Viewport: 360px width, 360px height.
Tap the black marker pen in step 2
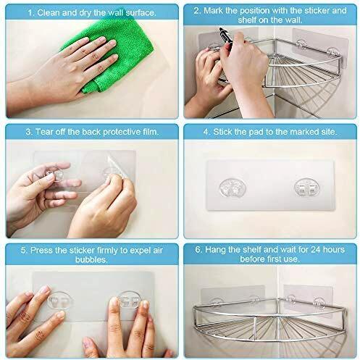click(x=226, y=38)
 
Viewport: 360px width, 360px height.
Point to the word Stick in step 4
click(x=222, y=132)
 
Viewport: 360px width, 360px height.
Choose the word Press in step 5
click(x=41, y=251)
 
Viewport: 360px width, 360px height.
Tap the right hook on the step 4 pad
click(x=306, y=187)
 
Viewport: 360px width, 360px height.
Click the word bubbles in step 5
click(x=91, y=260)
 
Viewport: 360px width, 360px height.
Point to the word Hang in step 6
click(x=215, y=249)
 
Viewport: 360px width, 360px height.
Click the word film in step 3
click(x=150, y=132)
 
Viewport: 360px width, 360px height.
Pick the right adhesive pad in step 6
click(x=309, y=298)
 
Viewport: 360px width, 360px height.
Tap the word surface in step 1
click(x=141, y=13)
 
